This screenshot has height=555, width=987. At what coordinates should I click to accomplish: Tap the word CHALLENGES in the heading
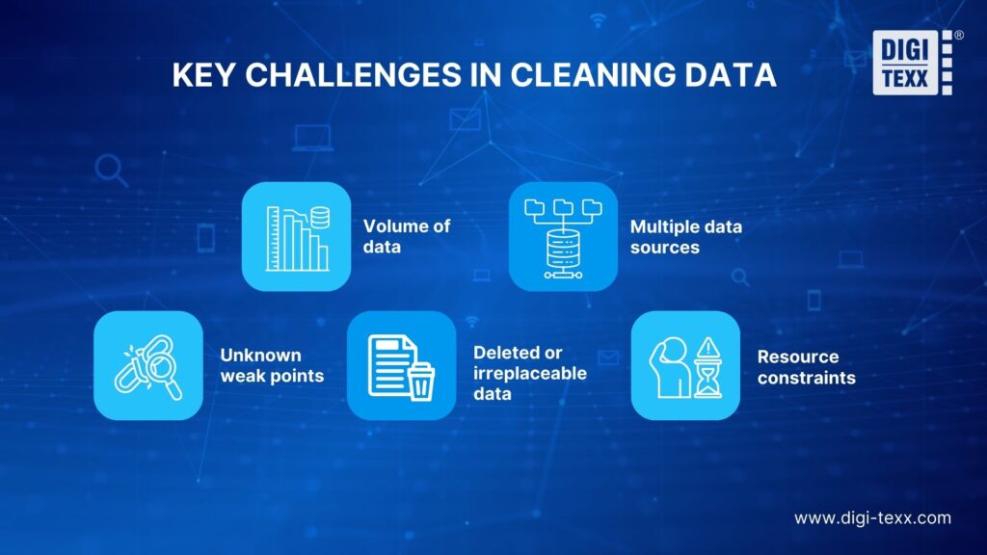(x=353, y=75)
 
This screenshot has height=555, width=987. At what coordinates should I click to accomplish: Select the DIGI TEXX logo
(x=912, y=63)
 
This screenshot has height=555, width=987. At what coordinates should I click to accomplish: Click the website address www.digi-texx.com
(x=872, y=517)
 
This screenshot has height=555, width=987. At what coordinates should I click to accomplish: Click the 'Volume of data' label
(x=407, y=236)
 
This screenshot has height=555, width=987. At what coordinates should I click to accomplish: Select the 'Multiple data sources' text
(x=686, y=237)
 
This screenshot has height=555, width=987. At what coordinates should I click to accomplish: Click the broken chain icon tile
(x=148, y=365)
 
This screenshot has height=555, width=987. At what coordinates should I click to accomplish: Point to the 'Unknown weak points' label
(x=272, y=365)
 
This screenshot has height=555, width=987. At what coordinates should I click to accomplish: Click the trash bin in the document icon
(x=420, y=382)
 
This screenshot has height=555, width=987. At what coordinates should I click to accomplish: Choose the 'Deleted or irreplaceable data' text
(x=530, y=373)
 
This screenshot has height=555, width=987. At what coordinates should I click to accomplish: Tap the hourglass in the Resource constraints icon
(x=708, y=378)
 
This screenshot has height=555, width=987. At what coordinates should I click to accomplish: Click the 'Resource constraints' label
(x=807, y=367)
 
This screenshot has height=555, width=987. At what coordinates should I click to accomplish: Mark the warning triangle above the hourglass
(x=708, y=347)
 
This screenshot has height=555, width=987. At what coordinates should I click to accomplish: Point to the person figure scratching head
(x=670, y=367)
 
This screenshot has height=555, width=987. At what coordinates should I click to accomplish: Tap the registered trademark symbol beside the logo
(x=959, y=36)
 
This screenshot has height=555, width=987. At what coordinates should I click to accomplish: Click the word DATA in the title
(x=731, y=75)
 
